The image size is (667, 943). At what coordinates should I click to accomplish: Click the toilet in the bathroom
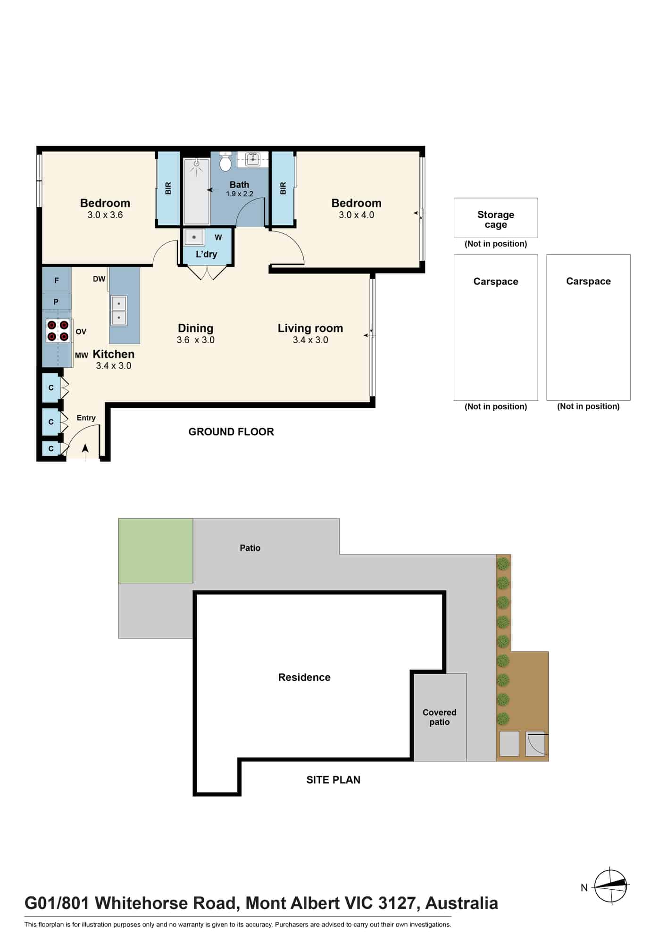point(225,162)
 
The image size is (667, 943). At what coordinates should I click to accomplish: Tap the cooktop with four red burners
point(58,331)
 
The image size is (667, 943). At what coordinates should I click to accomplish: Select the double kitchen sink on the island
point(119,311)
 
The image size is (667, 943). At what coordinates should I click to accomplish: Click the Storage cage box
point(496,218)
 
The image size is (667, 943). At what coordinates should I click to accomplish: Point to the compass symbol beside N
point(611,886)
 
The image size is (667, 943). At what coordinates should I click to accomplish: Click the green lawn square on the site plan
point(156,551)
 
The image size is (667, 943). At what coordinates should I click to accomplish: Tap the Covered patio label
point(440,717)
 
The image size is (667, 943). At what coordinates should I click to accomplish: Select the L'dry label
point(207,254)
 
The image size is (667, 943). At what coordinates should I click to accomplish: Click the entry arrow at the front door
point(85,449)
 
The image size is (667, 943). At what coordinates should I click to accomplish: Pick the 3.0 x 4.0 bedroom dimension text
point(357,215)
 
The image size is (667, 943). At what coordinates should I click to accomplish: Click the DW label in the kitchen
point(99,279)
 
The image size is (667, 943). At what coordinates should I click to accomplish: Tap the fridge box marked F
point(57,281)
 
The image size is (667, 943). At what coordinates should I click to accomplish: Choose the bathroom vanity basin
point(253,159)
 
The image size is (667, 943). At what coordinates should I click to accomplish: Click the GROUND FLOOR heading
point(231,432)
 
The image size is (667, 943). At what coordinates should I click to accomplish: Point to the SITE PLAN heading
point(333,780)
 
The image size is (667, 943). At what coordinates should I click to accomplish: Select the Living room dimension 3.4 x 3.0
point(310,340)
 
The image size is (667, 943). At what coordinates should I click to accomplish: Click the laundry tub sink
point(194,237)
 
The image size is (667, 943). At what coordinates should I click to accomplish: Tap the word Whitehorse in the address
point(165,903)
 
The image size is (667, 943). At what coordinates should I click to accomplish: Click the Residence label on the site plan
point(304,678)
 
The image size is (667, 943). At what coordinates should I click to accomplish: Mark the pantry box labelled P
point(57,302)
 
